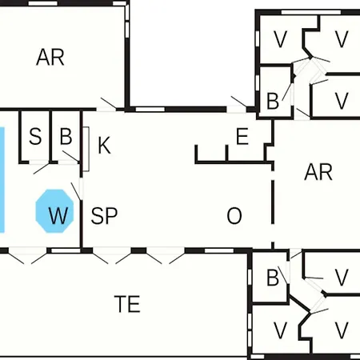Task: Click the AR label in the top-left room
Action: point(50,57)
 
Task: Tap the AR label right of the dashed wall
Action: point(318,172)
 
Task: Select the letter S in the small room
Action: point(35,136)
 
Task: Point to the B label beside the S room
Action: point(66,136)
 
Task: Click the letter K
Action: point(104,145)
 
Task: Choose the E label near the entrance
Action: point(242,136)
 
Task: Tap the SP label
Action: point(104,215)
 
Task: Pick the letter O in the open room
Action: point(234,215)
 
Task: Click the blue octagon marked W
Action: point(54,211)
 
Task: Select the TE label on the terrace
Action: point(127,304)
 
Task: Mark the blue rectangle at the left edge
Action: point(2,179)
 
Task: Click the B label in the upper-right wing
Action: point(273,101)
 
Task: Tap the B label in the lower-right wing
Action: point(273,278)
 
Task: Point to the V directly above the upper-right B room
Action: point(280,39)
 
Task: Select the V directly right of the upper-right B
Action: point(342,101)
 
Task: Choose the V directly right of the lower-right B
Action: point(342,278)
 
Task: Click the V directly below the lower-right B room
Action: point(280,330)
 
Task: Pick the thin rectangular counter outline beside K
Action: point(86,149)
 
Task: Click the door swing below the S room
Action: point(42,169)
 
